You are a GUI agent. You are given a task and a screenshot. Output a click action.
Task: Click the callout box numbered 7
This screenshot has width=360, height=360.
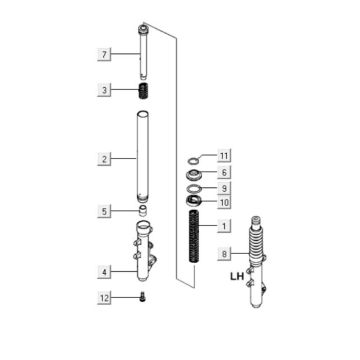tap(104, 54)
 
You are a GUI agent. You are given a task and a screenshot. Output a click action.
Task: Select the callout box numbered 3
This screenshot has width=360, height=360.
tap(104, 90)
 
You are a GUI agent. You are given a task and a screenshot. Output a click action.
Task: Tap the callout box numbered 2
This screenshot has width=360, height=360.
tap(104, 159)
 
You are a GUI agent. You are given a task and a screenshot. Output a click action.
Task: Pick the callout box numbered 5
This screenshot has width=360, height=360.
tap(104, 211)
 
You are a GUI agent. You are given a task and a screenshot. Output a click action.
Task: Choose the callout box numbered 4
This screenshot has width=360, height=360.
tap(104, 272)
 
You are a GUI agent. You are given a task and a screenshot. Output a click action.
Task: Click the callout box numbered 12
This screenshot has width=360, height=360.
tap(104, 298)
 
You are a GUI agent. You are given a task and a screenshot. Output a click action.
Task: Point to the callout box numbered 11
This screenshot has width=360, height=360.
tap(224, 155)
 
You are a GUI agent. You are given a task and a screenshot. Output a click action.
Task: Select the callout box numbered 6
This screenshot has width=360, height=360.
tap(224, 172)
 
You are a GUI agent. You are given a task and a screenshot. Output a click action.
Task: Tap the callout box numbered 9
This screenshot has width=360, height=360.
tap(224, 188)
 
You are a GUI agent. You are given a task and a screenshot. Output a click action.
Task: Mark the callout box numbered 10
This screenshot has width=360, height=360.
tap(224, 202)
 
